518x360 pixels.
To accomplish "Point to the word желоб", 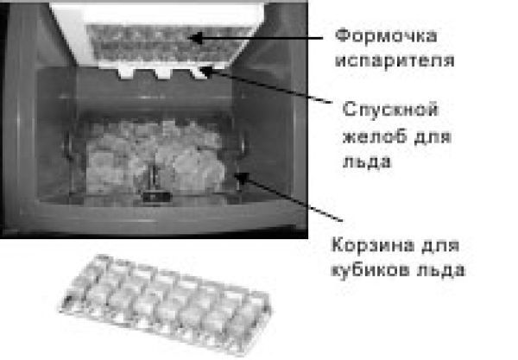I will click(358, 137).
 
